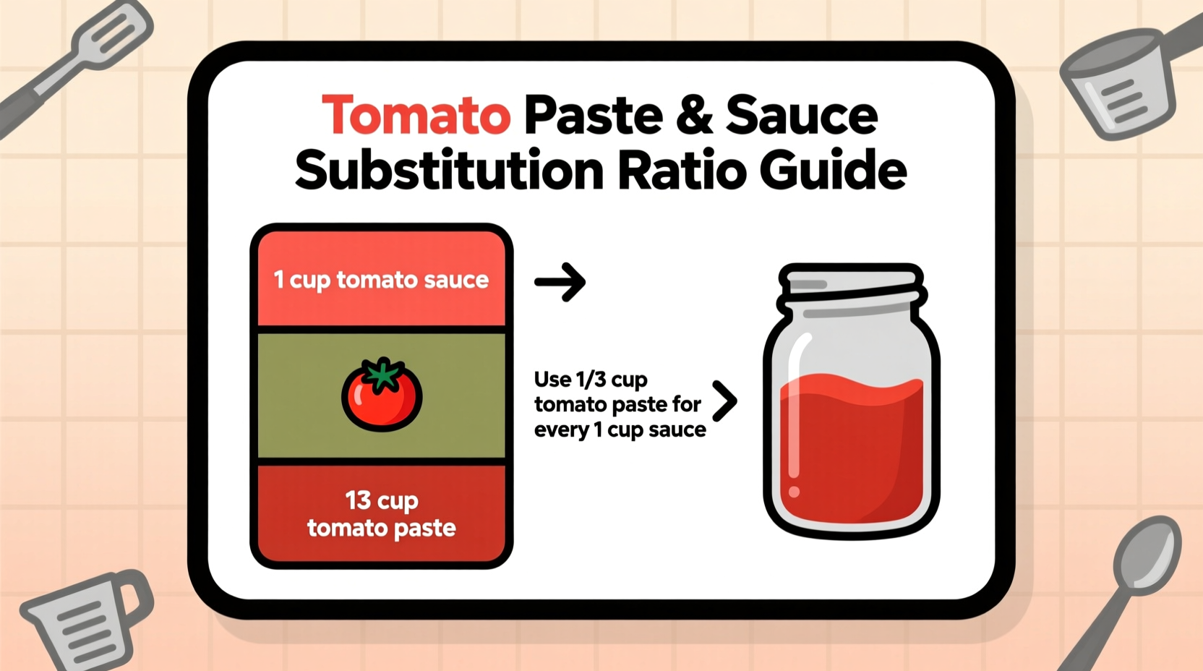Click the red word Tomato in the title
(x=416, y=116)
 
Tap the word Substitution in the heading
(x=449, y=171)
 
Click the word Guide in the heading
(x=833, y=171)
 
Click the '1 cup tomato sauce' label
(x=381, y=280)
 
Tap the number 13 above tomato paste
(x=358, y=500)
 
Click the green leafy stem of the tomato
(x=382, y=373)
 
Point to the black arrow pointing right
(x=560, y=281)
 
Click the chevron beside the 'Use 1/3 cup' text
(x=724, y=401)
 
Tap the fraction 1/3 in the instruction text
(x=591, y=380)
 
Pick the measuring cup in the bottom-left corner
(x=83, y=622)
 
